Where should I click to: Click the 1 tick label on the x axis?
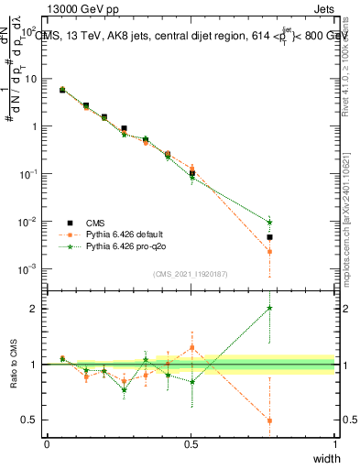tap(334, 443)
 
